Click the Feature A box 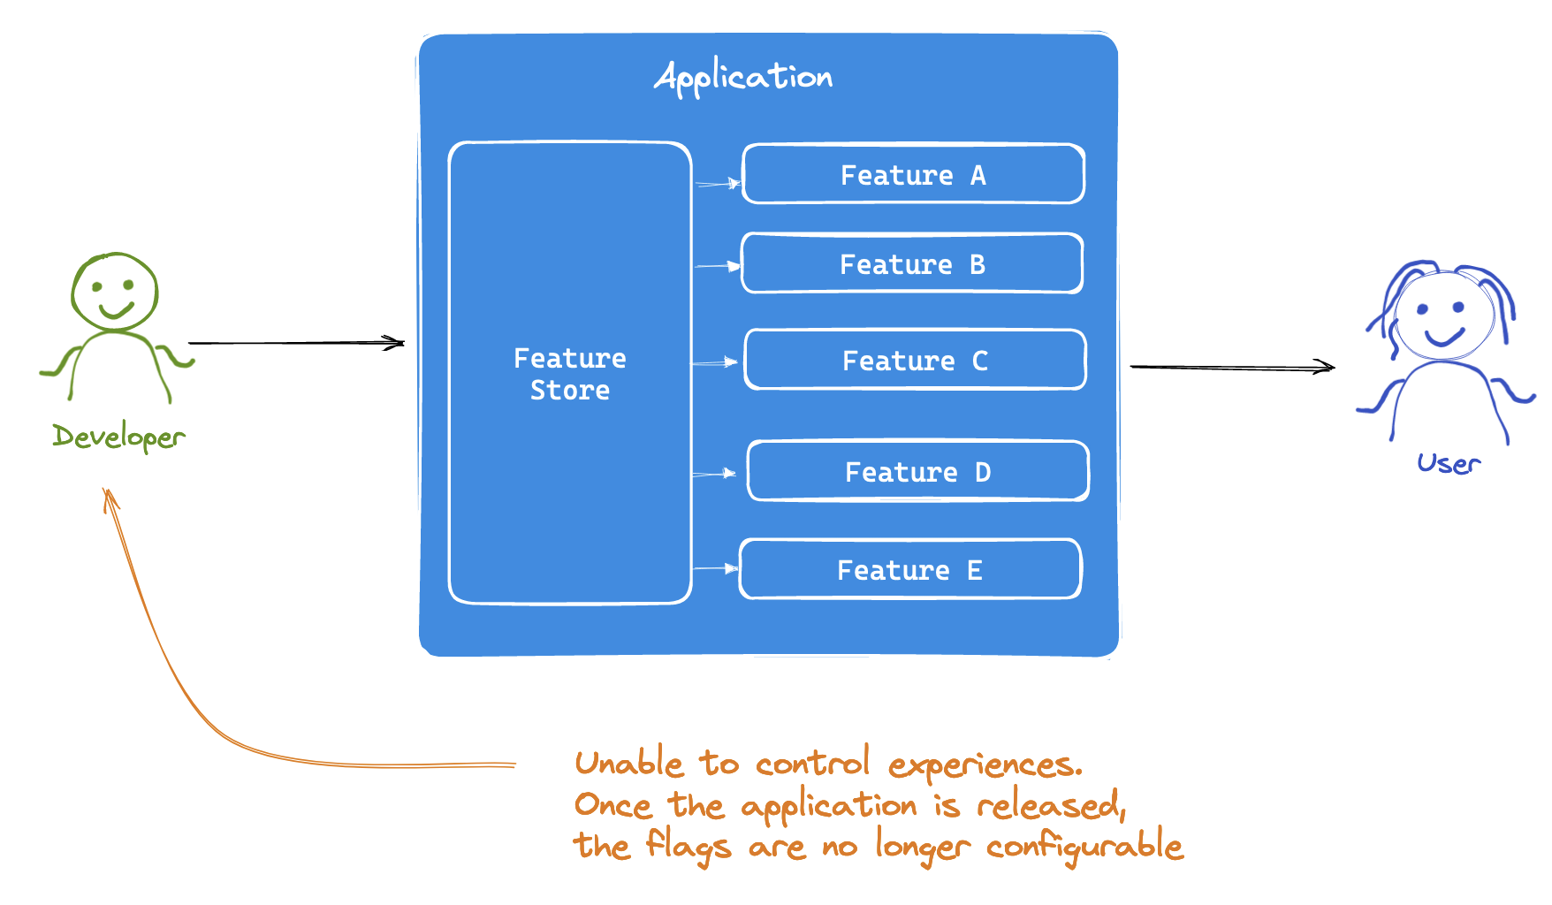pos(914,174)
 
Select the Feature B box pos(912,263)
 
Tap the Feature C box pos(916,360)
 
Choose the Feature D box pos(918,471)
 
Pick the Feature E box pos(910,569)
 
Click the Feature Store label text pos(570,374)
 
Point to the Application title pos(743,77)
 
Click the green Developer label pos(118,437)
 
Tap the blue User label pos(1449,463)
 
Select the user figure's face pos(1444,316)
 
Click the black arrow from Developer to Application pos(296,342)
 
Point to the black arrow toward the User pos(1233,367)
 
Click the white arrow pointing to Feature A pos(718,184)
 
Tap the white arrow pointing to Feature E pos(716,568)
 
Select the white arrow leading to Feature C pos(715,362)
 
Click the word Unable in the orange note pos(629,763)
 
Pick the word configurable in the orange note pos(1085,847)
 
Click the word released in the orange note pos(1051,805)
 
